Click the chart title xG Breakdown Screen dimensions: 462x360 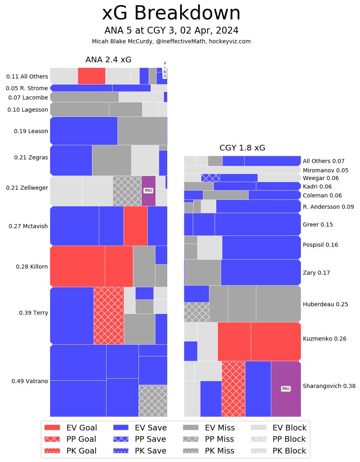[x=171, y=13]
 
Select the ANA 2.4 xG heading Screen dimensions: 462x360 [x=108, y=60]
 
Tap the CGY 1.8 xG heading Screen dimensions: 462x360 [x=242, y=148]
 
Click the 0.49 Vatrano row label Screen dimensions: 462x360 [x=30, y=381]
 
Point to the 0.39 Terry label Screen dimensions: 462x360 [x=34, y=313]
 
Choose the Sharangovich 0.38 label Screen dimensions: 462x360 [x=329, y=386]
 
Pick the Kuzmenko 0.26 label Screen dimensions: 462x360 [x=324, y=339]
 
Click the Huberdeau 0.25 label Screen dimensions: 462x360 [x=325, y=304]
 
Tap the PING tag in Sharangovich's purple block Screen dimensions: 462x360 [x=286, y=389]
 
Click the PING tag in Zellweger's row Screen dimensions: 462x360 [x=149, y=191]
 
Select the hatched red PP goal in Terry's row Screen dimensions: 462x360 [x=109, y=316]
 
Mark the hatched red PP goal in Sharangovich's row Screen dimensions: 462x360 [x=233, y=389]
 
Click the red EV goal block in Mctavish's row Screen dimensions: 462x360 [x=135, y=226]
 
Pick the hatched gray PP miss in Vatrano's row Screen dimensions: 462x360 [x=153, y=401]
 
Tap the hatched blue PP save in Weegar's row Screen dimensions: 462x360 [x=210, y=178]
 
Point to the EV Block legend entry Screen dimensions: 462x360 [x=279, y=428]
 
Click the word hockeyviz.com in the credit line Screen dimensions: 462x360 [x=230, y=41]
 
